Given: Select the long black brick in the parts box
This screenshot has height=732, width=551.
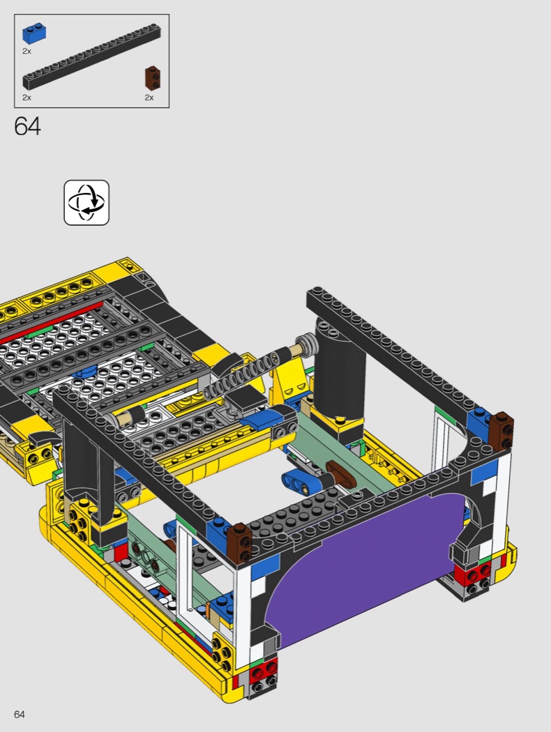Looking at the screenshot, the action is point(92,56).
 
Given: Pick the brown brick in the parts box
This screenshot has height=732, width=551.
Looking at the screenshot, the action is point(152,78).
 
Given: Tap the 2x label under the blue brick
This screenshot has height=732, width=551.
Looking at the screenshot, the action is point(27,51).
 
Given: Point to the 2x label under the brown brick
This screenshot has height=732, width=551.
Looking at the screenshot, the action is point(149,98).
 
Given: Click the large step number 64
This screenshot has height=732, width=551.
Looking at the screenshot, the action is point(28,126).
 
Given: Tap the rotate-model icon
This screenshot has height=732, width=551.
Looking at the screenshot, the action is point(86,203).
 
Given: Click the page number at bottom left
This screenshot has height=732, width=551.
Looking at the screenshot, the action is point(19,715).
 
